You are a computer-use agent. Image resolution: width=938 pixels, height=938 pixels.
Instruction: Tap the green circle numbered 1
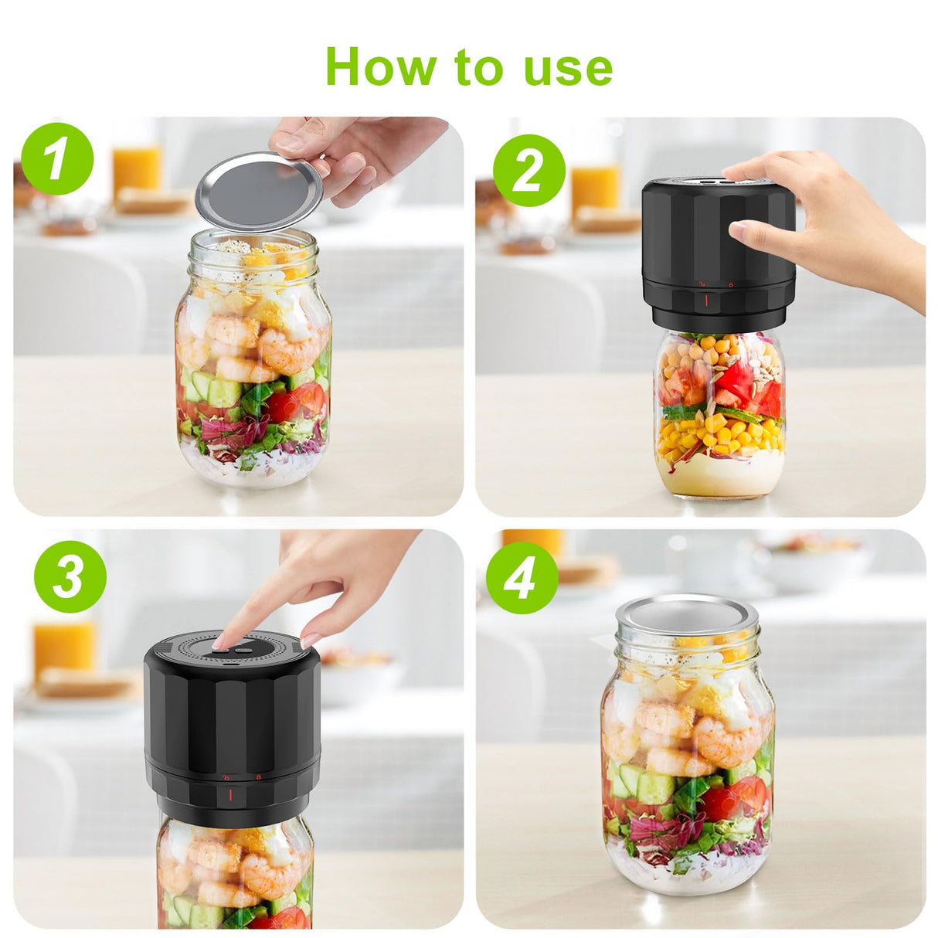click(x=57, y=158)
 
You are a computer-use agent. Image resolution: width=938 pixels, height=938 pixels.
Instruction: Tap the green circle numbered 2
click(x=528, y=171)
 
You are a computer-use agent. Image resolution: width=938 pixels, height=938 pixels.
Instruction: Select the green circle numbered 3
click(x=70, y=576)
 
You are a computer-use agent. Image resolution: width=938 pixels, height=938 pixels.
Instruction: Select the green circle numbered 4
click(x=522, y=577)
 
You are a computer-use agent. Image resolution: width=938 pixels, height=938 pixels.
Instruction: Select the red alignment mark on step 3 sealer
click(x=229, y=794)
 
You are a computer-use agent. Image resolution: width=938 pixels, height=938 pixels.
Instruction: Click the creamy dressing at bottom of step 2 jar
click(x=719, y=474)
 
